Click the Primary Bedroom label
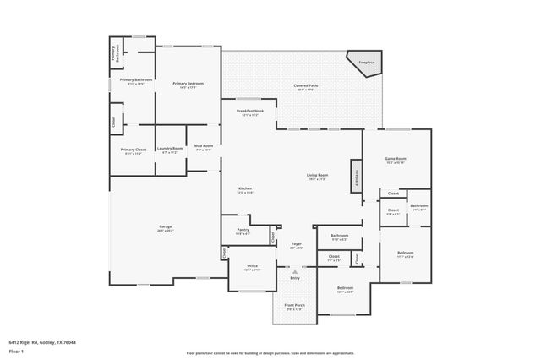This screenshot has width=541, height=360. [188, 84]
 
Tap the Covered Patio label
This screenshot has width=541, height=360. [305, 86]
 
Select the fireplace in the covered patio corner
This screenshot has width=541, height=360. [366, 63]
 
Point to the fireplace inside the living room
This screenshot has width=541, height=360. [357, 174]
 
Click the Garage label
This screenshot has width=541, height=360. [166, 227]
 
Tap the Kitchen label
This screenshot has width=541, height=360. [245, 188]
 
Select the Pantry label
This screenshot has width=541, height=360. [242, 229]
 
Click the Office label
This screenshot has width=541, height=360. [252, 265]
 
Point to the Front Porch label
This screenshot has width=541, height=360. [295, 306]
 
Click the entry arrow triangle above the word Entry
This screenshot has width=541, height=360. [294, 271]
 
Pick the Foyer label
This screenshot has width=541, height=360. [296, 245]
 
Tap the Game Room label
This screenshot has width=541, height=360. [396, 158]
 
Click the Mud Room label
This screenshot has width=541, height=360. [203, 146]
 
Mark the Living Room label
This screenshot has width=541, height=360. [317, 176]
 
